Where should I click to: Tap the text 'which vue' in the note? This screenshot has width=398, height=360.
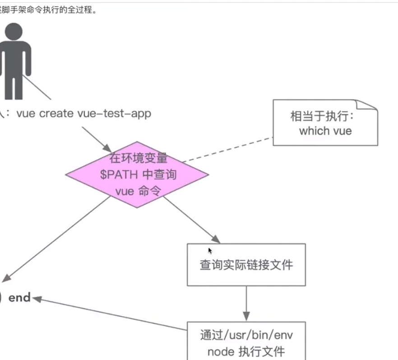325,131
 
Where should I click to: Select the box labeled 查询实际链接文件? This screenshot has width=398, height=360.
246,264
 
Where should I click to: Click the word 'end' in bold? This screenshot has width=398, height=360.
20,297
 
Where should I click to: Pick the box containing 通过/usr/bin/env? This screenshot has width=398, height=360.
246,342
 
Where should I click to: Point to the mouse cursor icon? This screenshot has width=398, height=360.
210,250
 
